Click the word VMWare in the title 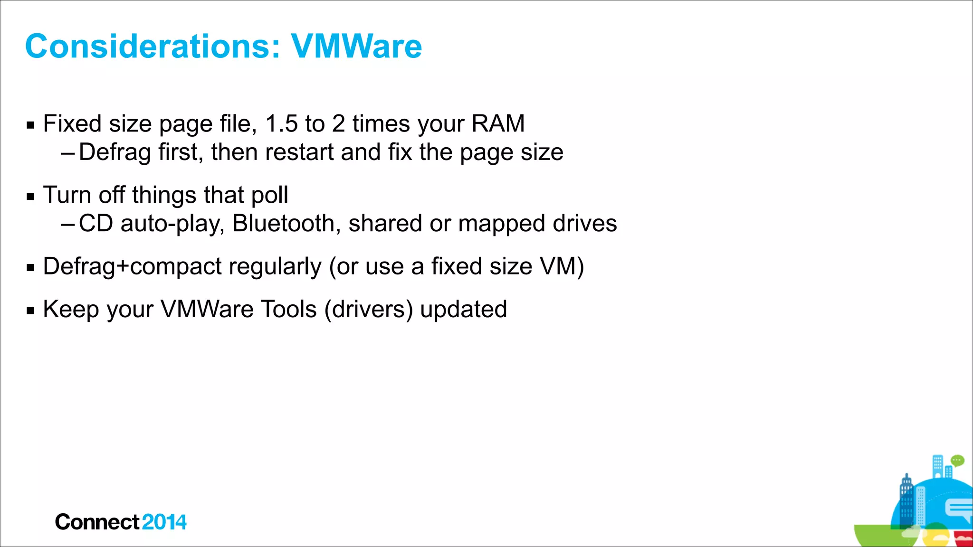point(356,47)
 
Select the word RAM point(498,124)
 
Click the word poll point(269,195)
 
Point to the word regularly point(275,267)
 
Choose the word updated point(464,310)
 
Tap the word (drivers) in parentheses point(369,310)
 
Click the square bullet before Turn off point(31,196)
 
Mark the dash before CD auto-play point(67,224)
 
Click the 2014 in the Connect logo point(164,522)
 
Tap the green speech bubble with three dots point(957,460)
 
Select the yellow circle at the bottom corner point(936,536)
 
